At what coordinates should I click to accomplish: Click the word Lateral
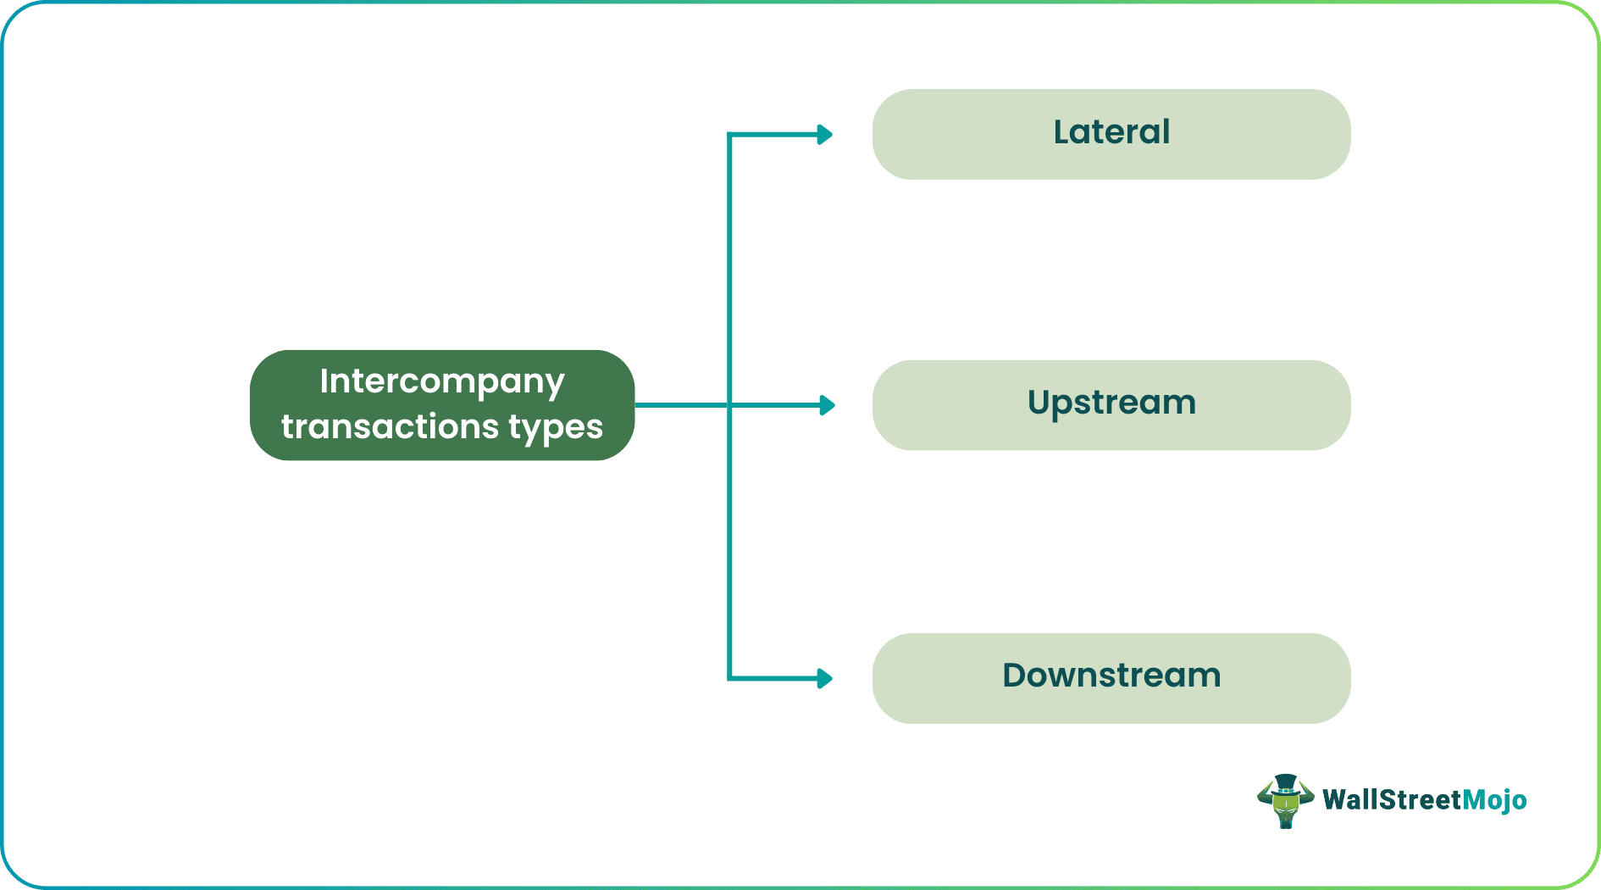1111,133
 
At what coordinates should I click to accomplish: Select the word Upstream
1111,403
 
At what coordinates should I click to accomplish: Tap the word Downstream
1111,676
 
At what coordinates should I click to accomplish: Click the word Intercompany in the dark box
441,382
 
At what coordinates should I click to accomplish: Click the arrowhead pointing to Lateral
824,135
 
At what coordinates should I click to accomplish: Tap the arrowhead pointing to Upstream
827,405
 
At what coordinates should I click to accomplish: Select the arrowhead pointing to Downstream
824,678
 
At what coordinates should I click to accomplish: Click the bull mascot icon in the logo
1285,802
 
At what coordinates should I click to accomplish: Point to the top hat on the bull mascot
1286,782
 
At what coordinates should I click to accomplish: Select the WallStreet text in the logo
1392,800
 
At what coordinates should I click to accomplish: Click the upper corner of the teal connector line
729,135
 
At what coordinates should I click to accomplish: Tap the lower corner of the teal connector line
729,678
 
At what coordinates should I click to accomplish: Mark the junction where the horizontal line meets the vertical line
729,405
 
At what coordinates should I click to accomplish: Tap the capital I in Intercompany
324,381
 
